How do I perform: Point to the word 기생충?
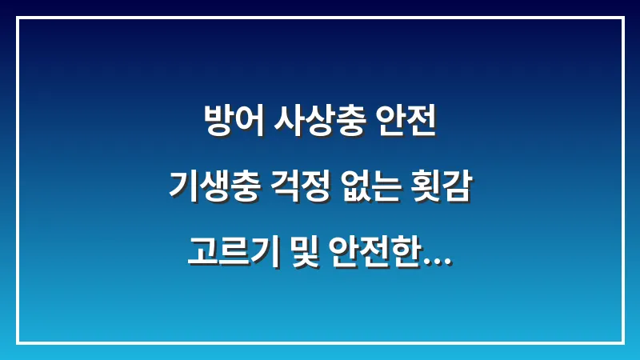pos(208,190)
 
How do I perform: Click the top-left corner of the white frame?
pos(18,18)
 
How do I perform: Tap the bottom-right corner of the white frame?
pos(622,342)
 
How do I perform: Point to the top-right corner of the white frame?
pos(622,18)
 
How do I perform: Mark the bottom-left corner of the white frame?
pos(18,342)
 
